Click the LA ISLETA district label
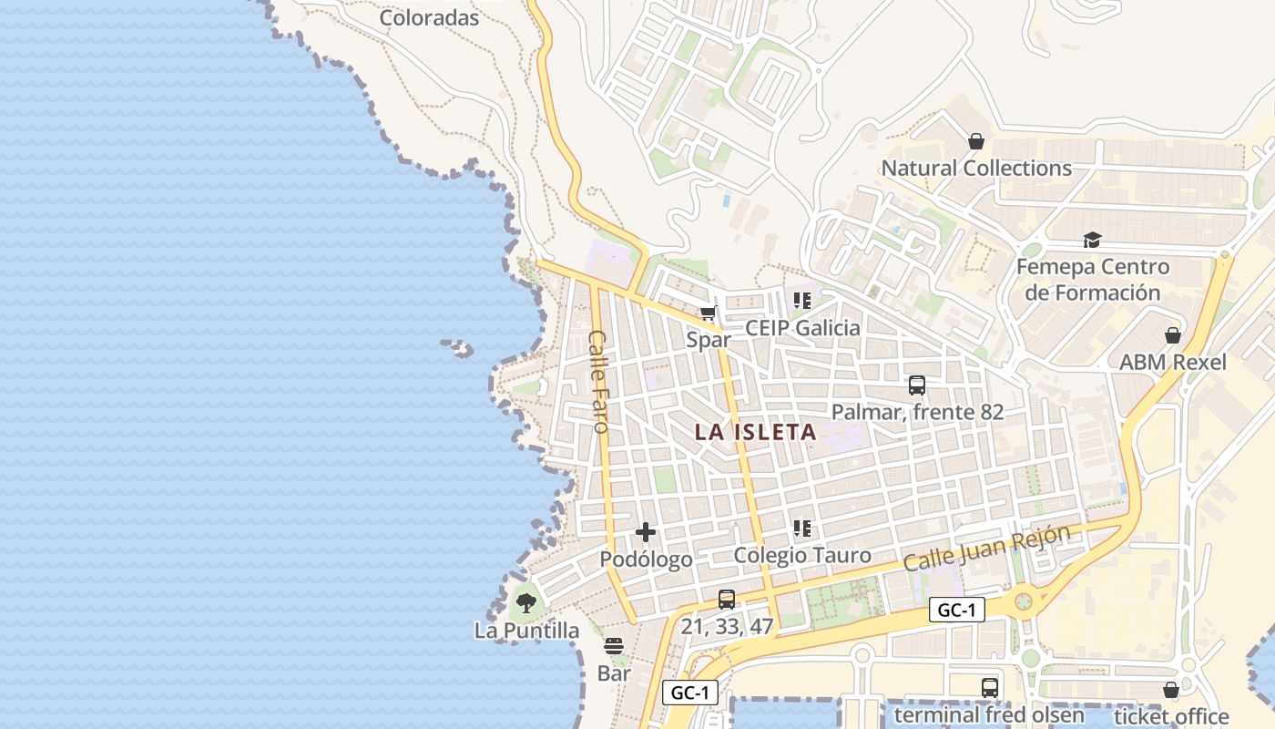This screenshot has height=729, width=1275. tap(755, 433)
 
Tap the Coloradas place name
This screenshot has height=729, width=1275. tap(429, 17)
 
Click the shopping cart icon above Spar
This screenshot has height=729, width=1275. tap(709, 314)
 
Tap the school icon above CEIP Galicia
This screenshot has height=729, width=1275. tap(802, 300)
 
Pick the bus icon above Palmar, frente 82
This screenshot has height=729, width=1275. tap(917, 385)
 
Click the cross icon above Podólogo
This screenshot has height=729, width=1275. tap(646, 532)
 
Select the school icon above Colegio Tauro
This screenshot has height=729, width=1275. tap(802, 528)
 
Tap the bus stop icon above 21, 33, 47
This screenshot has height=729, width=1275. tap(727, 600)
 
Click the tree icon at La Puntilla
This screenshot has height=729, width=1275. tap(525, 602)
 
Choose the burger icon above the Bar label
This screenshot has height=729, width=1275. tap(614, 647)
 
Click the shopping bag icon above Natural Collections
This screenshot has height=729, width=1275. tap(976, 141)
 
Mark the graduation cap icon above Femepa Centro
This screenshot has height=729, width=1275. tap(1092, 240)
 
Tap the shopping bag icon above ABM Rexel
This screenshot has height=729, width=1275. tap(1173, 335)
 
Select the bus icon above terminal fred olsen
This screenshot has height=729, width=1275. tap(990, 688)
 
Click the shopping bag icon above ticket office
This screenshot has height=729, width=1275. tap(1171, 691)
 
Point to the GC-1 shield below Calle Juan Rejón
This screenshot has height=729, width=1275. tap(957, 611)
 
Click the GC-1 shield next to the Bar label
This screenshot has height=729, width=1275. tap(689, 693)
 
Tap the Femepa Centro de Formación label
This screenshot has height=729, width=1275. tap(1092, 280)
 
